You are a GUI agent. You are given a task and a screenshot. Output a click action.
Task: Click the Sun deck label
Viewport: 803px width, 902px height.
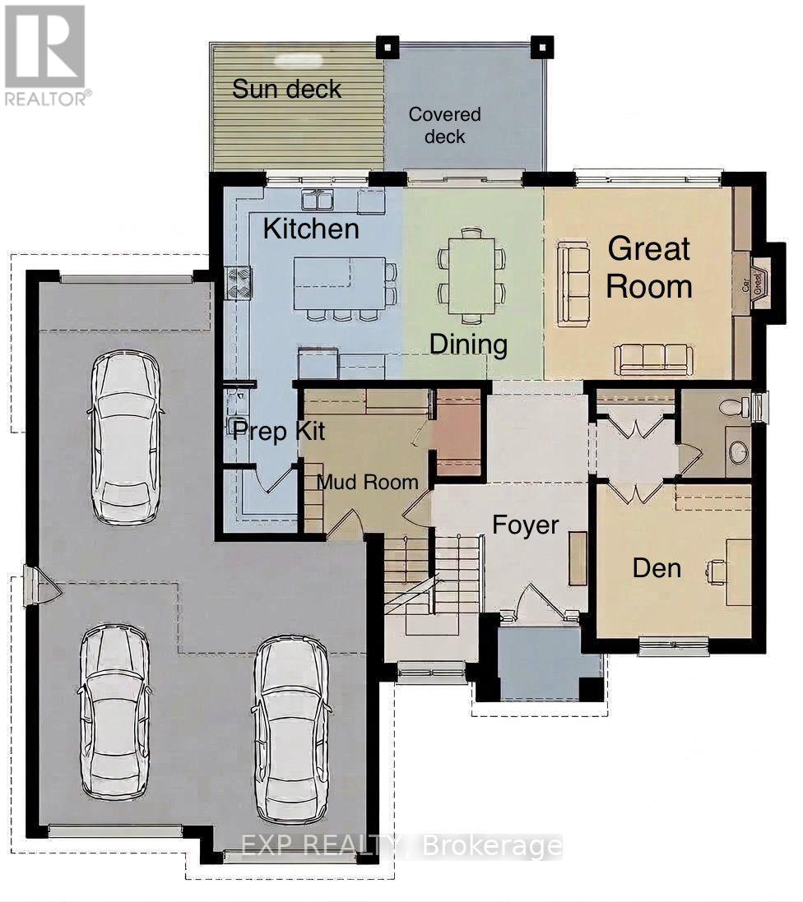click(x=286, y=89)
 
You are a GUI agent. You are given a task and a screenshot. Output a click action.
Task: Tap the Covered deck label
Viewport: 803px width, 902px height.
click(x=444, y=125)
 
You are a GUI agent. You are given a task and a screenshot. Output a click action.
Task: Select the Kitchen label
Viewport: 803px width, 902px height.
click(x=311, y=229)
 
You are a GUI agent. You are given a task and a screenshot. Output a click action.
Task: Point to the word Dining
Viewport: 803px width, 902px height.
click(x=468, y=344)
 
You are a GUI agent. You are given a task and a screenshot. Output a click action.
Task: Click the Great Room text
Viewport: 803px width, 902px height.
click(x=649, y=267)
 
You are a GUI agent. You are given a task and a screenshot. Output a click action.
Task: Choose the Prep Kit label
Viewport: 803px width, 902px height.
click(x=278, y=430)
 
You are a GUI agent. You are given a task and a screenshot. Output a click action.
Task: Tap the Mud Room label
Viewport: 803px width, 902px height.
click(x=368, y=482)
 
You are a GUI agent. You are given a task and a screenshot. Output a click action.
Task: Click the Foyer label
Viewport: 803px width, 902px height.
click(x=526, y=525)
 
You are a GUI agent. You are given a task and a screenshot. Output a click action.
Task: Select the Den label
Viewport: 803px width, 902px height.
click(x=657, y=567)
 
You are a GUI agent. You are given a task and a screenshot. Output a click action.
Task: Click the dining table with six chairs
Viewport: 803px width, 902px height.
click(x=471, y=275)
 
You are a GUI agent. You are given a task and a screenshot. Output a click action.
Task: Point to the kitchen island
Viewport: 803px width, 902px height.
click(x=341, y=281)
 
